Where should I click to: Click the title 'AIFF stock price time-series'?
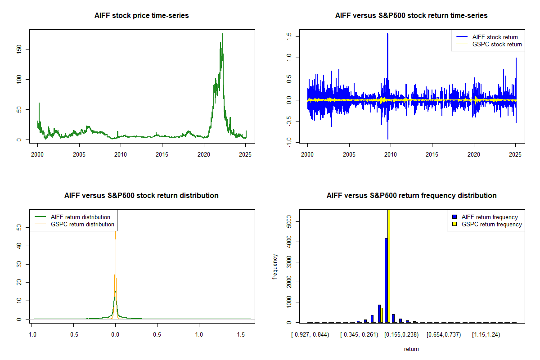[x=141, y=16]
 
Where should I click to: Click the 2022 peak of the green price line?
[x=222, y=34]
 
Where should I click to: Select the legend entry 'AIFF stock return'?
[x=495, y=37]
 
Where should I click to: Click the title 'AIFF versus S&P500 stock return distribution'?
[x=141, y=196]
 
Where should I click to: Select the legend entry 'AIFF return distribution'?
[x=80, y=217]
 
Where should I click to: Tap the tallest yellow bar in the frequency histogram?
[x=388, y=265]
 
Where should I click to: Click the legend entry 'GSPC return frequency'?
[x=491, y=224]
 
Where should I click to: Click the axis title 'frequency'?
[x=275, y=267]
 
